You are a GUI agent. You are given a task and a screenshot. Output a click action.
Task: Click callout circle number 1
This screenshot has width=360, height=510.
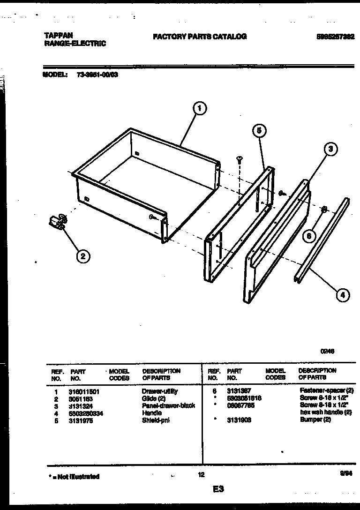pos(200,109)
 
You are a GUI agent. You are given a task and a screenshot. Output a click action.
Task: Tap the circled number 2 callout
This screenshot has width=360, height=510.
pos(82,256)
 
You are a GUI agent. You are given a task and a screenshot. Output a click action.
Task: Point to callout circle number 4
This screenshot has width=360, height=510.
pos(343,295)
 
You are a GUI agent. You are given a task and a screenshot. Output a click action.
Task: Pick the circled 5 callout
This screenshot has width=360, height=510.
pos(259,131)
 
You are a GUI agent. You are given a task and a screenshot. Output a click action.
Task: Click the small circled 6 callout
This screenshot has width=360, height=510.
pos(308,236)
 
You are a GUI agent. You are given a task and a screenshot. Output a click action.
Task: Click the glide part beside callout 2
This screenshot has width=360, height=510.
pos(57,222)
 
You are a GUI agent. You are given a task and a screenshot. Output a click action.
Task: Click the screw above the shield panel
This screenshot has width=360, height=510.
pos(239,160)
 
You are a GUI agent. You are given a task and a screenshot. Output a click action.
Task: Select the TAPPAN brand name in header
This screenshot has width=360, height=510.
pos(57,36)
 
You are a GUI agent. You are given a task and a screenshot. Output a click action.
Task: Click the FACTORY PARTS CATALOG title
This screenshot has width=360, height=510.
pos(200,37)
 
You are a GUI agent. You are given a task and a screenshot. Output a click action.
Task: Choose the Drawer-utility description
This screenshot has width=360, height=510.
pos(159,391)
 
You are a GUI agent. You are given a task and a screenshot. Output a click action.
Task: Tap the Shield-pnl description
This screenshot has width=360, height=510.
pos(156,420)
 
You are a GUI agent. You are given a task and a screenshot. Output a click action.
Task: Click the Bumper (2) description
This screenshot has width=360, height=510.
pos(315,420)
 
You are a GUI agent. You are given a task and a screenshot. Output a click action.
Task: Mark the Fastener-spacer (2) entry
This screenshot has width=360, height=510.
pos(326,390)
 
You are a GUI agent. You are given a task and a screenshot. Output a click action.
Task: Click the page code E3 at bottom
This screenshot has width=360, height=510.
pos(218,489)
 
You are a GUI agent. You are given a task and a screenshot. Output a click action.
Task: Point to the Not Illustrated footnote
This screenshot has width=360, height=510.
pos(74,477)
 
